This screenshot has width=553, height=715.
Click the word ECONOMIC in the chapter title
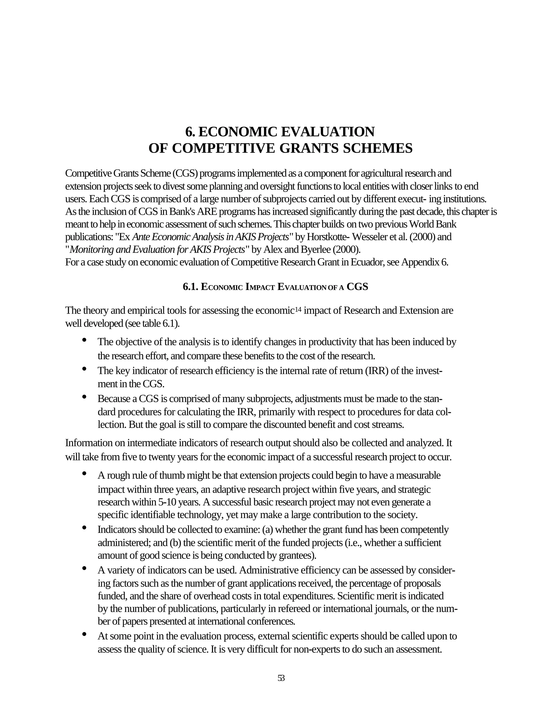pyautogui.click(x=237, y=132)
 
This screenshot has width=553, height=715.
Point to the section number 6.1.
pyautogui.click(x=190, y=287)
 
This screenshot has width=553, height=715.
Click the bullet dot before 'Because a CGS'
pyautogui.click(x=84, y=397)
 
